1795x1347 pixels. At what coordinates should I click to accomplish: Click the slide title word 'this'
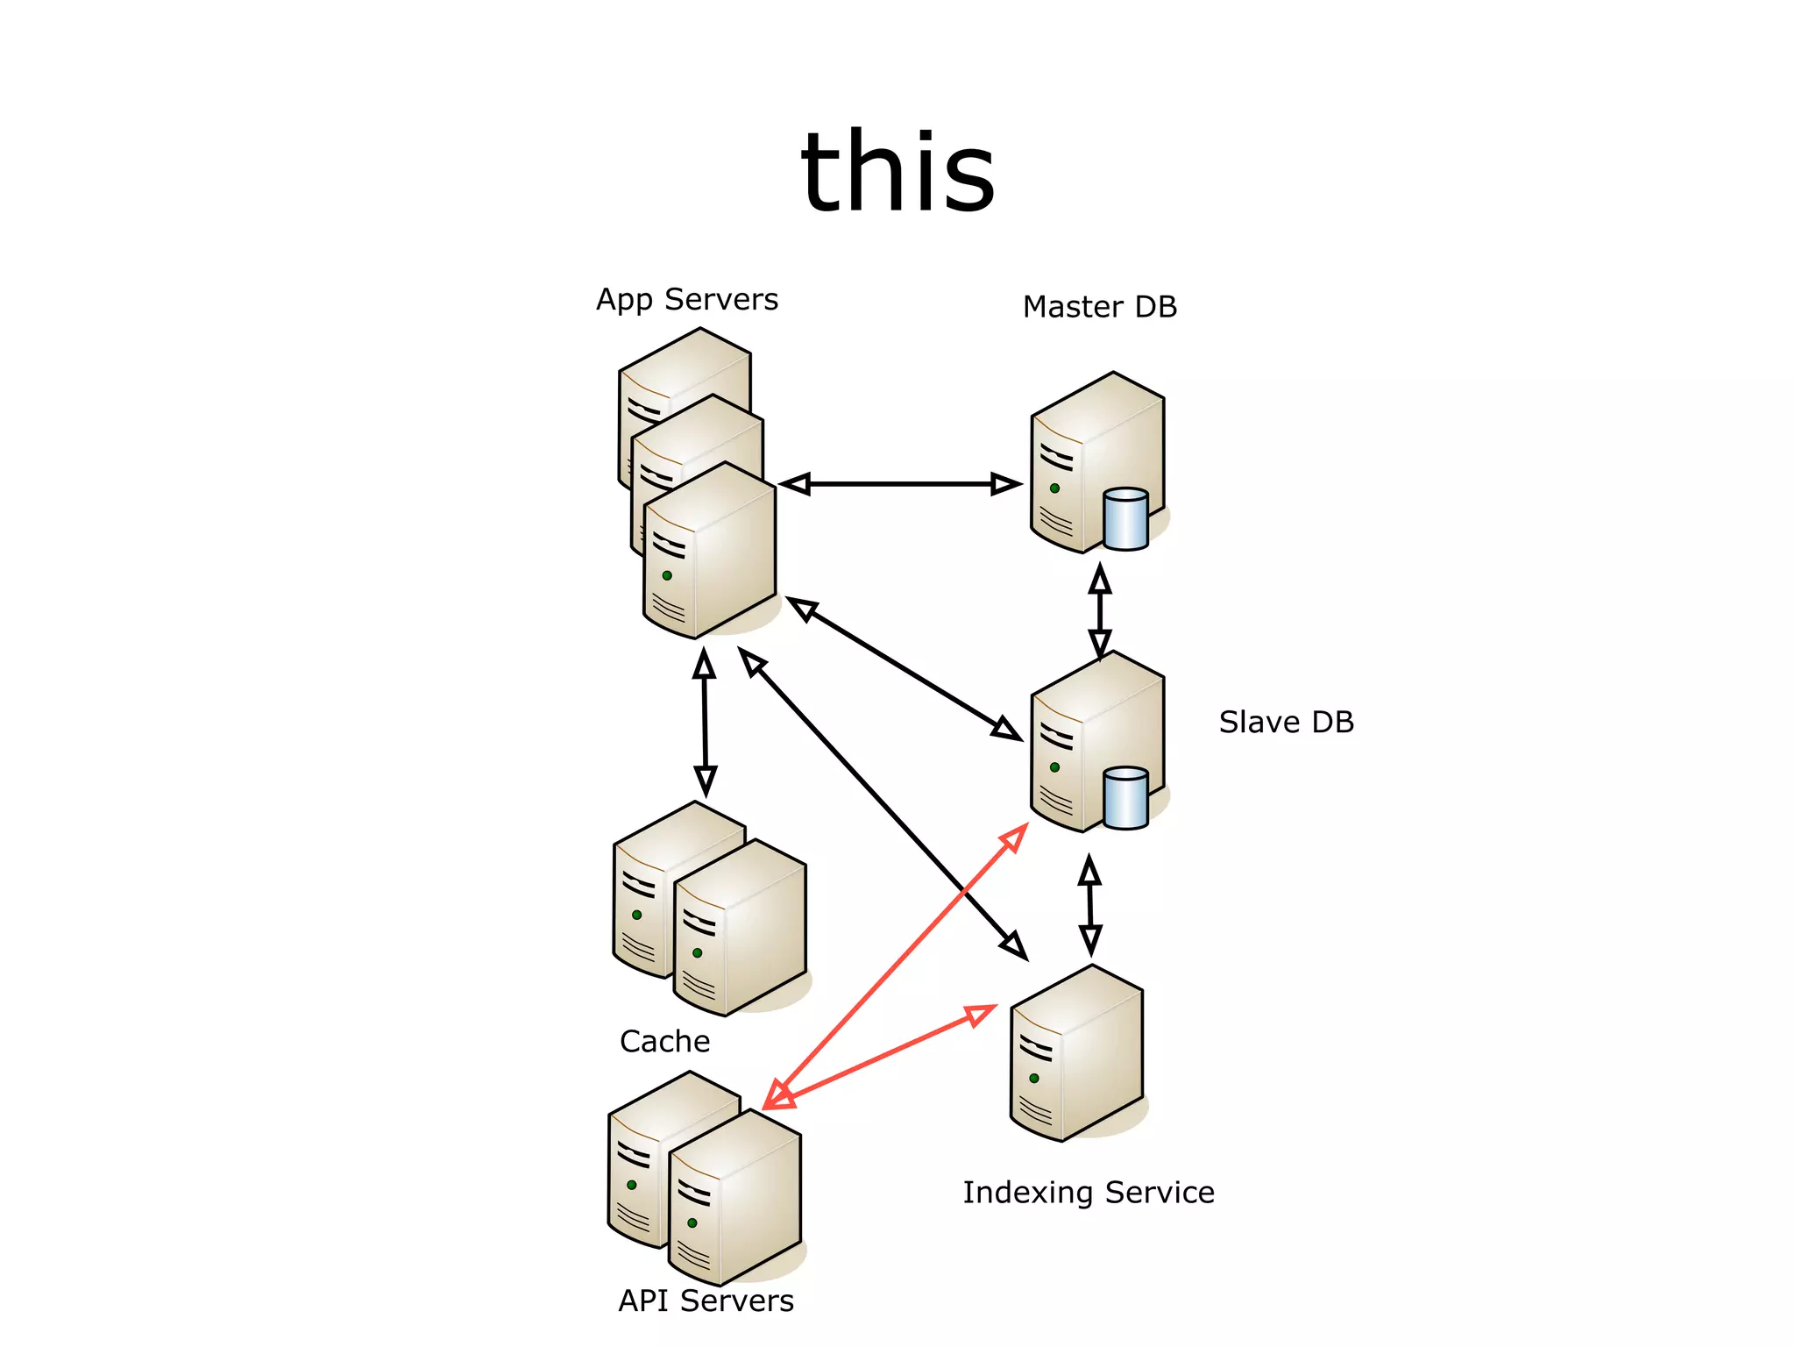[x=897, y=172]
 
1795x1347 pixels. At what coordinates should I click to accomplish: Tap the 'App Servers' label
[x=687, y=300]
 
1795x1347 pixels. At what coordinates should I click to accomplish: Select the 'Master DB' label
[x=1099, y=307]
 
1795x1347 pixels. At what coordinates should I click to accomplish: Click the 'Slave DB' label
[x=1286, y=722]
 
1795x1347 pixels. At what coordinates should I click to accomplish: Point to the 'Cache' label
[x=664, y=1041]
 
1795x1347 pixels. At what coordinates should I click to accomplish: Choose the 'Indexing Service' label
[x=1088, y=1193]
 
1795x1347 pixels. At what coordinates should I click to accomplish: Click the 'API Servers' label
[x=706, y=1301]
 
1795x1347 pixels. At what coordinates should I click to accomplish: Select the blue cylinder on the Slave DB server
[x=1125, y=798]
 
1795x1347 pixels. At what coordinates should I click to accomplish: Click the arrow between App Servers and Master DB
[x=899, y=483]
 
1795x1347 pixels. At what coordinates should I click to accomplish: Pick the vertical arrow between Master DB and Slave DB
[x=1100, y=610]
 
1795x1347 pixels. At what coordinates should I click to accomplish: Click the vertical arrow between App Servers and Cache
[x=705, y=723]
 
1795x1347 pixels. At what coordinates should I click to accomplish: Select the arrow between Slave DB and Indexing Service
[x=1089, y=906]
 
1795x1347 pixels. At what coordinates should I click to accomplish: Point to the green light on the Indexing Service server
[x=1034, y=1078]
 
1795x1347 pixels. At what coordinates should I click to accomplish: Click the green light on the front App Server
[x=667, y=575]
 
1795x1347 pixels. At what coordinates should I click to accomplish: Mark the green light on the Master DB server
[x=1054, y=488]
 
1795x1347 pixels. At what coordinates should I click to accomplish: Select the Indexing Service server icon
[x=1076, y=1052]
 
